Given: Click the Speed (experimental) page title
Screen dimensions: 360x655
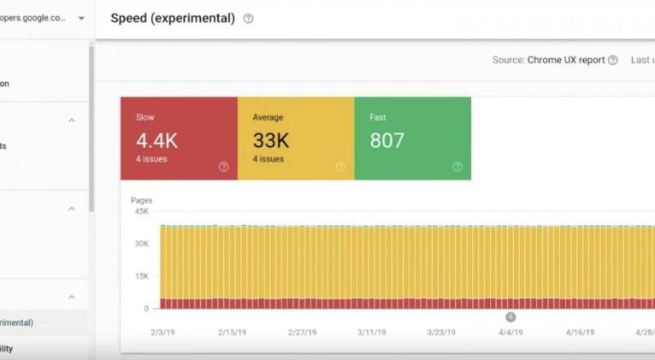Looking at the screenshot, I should click(173, 18).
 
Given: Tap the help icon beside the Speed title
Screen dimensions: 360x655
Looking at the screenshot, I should click(248, 19).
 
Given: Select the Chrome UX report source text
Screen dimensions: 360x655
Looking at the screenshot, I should click(566, 60).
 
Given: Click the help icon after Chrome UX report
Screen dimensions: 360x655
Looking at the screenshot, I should click(612, 60).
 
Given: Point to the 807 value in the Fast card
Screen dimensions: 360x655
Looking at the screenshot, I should click(387, 140).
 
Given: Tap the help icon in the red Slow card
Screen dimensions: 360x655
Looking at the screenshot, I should click(224, 167).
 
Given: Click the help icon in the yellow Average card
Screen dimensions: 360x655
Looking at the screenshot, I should click(340, 167).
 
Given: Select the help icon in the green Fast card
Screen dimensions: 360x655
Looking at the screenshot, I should click(457, 167).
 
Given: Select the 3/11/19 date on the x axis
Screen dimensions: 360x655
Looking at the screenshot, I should click(373, 333).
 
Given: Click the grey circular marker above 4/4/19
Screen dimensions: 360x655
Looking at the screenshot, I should click(510, 316).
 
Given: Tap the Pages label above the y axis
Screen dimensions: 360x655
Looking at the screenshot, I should click(141, 200).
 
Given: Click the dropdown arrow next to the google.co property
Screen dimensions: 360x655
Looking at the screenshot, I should click(81, 17).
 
